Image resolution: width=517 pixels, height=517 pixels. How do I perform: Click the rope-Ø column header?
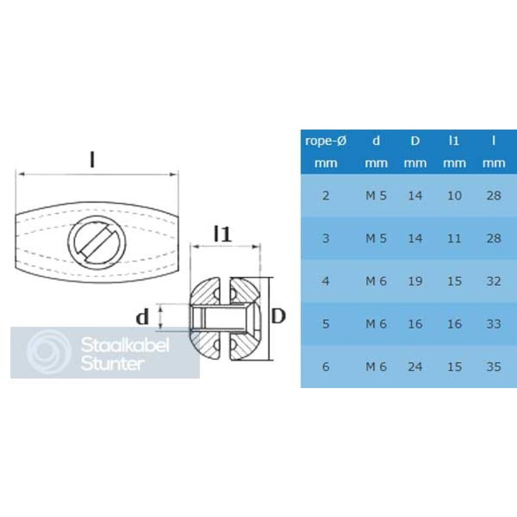click(325, 141)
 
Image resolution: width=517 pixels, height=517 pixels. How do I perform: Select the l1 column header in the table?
click(454, 141)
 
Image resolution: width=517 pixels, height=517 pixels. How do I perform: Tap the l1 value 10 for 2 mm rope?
click(454, 196)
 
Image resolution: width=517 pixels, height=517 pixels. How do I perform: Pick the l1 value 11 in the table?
click(454, 238)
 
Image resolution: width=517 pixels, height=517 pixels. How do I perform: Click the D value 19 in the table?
click(415, 282)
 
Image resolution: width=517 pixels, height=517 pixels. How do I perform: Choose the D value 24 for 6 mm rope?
click(415, 367)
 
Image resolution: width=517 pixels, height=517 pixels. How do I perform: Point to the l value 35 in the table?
click(493, 367)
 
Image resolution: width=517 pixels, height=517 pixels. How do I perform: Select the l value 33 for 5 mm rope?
click(493, 324)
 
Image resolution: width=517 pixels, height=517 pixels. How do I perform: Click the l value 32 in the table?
click(493, 282)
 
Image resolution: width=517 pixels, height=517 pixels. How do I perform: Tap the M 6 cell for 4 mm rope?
click(376, 282)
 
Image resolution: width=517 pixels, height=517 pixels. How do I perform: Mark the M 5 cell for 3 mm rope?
click(376, 238)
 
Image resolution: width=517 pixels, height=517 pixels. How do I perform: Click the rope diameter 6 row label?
click(325, 367)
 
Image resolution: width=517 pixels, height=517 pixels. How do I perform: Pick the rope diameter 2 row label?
click(325, 196)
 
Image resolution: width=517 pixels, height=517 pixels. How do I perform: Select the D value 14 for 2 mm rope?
click(415, 196)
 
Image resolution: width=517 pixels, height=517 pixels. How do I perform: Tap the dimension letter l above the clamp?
click(92, 159)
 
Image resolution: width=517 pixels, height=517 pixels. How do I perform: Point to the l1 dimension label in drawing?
click(223, 234)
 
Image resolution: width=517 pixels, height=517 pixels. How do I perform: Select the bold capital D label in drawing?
click(278, 316)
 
